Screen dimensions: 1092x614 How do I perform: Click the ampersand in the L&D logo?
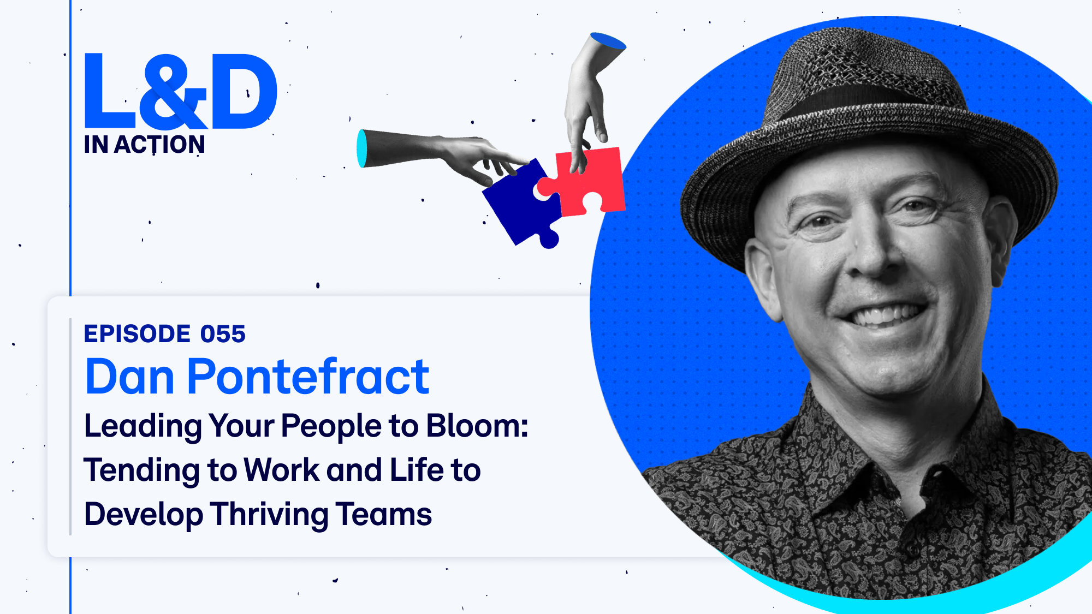174,92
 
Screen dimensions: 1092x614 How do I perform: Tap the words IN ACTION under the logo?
145,145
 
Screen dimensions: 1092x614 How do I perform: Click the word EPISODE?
137,334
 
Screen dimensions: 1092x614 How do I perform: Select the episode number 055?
223,334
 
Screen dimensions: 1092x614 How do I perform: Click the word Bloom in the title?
477,426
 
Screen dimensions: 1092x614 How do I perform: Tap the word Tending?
141,470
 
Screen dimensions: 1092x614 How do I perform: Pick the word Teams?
384,514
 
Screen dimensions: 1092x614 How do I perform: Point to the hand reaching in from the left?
437,156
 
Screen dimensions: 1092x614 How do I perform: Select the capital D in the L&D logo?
244,91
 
